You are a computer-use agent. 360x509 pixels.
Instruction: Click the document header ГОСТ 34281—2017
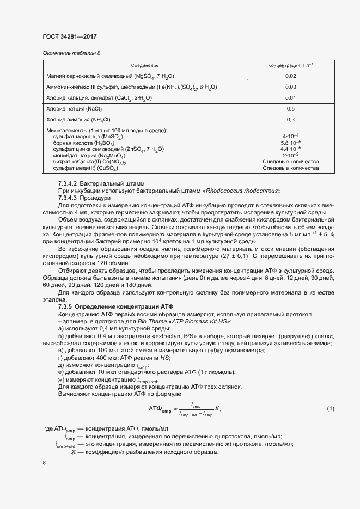70,37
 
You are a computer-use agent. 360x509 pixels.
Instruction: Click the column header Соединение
145,65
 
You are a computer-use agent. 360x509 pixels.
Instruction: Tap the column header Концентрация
290,65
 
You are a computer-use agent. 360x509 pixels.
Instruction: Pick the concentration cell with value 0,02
290,76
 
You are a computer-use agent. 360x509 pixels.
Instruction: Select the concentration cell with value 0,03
290,87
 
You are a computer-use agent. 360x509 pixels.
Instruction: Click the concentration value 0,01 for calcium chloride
290,98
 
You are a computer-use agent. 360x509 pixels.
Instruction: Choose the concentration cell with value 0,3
290,119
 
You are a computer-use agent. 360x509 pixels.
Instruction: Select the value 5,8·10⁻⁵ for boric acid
291,143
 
